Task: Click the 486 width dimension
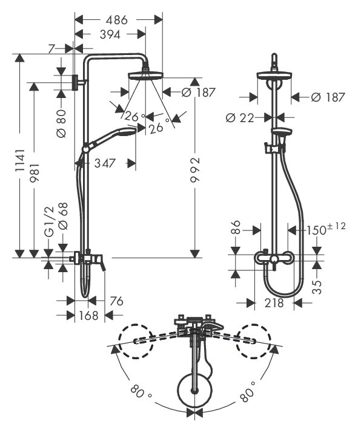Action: [x=118, y=20]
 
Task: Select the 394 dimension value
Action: [x=110, y=35]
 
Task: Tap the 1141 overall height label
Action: [x=20, y=161]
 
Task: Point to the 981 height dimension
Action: [x=35, y=172]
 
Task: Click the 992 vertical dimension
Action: [x=195, y=170]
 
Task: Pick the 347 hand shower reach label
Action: [x=105, y=163]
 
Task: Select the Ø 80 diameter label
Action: [x=61, y=123]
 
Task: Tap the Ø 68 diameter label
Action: [x=63, y=217]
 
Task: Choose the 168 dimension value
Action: [x=89, y=315]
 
